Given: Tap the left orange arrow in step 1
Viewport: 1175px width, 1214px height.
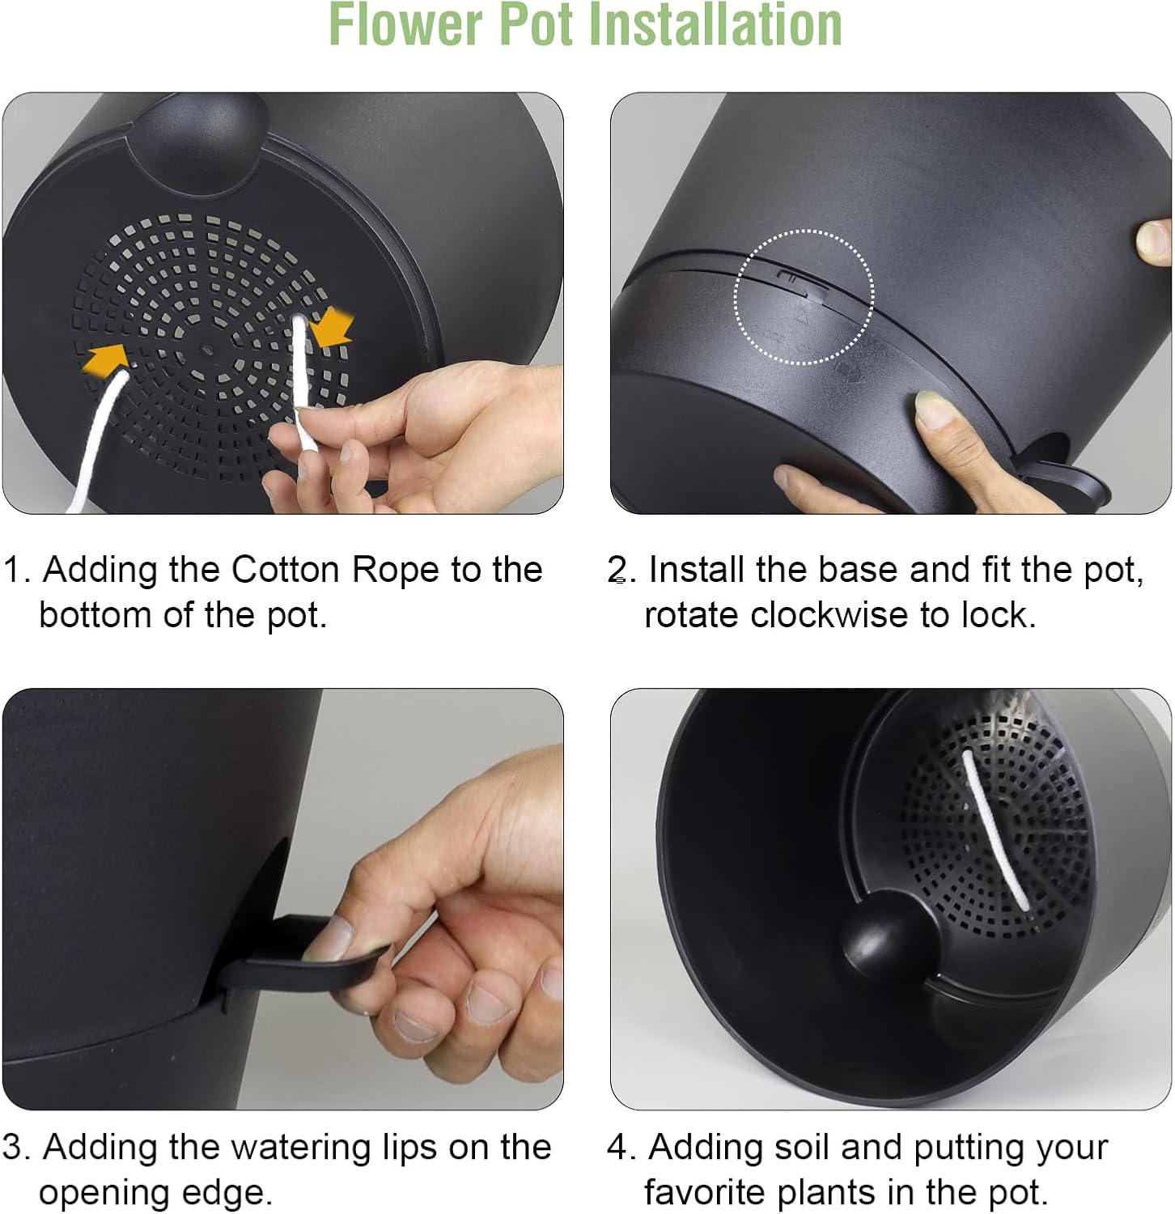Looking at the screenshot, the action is [106, 358].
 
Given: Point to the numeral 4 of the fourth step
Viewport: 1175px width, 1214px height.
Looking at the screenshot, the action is [617, 1148].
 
